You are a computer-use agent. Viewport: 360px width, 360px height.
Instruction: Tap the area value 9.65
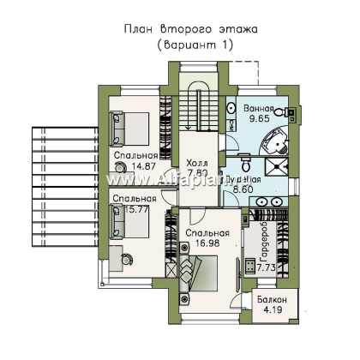(258, 122)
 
